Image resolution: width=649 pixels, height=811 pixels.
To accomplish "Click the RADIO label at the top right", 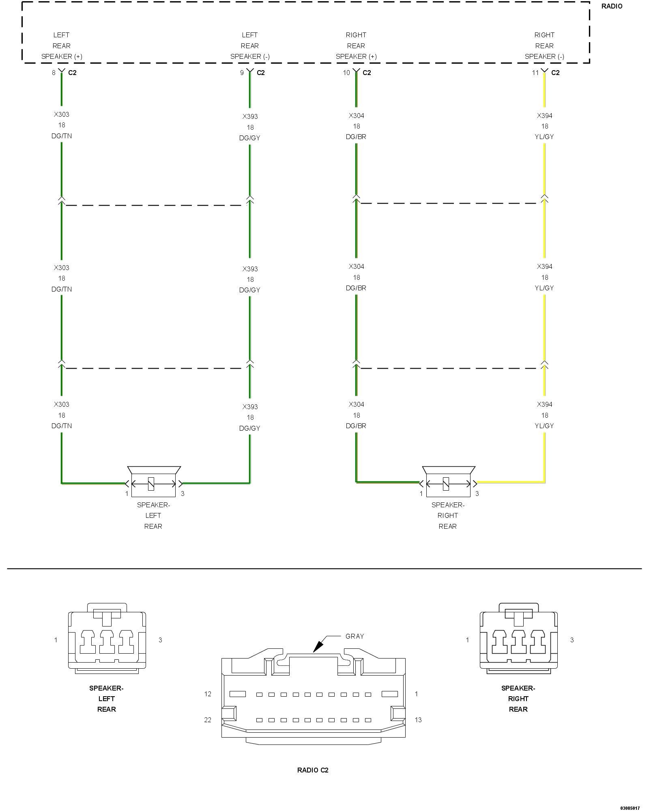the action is click(x=612, y=6).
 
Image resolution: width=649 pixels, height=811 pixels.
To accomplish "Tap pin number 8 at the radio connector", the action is click(x=54, y=73).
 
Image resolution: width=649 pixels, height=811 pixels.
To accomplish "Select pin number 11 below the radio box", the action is click(x=535, y=73).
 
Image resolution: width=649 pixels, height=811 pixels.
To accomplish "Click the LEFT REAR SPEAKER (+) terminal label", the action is click(x=62, y=46).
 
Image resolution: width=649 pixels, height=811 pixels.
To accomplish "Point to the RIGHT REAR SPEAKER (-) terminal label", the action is click(x=544, y=46).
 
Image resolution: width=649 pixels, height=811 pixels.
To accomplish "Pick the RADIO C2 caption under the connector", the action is click(x=313, y=770).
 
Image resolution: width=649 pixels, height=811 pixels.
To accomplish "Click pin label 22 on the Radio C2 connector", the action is click(x=208, y=720).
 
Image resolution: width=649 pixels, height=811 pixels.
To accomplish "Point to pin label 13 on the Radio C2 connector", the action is click(x=418, y=720).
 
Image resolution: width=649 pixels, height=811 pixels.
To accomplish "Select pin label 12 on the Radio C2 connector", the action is click(x=208, y=694).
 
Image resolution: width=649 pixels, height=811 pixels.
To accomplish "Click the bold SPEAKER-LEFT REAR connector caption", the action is click(x=106, y=699).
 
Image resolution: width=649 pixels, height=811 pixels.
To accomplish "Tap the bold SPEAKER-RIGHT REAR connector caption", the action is click(x=518, y=699).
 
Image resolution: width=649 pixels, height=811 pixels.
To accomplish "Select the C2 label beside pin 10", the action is click(x=367, y=73).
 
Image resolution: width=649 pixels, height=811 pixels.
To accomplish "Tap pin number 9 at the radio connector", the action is click(x=242, y=73).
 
